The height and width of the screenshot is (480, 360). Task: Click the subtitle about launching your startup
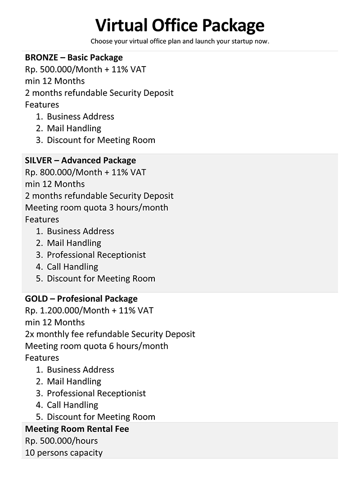[x=180, y=41]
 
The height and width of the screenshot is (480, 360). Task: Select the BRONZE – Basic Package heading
[x=74, y=58]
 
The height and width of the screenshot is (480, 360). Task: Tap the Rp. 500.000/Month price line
[x=85, y=69]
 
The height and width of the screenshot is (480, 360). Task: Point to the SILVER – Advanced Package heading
[x=80, y=161]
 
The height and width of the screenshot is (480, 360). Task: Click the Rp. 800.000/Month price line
[x=85, y=172]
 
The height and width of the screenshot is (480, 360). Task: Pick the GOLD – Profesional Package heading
[x=81, y=299]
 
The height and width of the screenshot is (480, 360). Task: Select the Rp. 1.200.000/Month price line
[x=89, y=310]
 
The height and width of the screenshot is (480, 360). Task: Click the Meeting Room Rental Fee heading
[x=77, y=429]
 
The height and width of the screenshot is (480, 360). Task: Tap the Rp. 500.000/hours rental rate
[x=61, y=441]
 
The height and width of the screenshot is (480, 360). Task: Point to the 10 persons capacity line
[x=63, y=453]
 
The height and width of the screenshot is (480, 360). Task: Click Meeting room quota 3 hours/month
[x=96, y=207]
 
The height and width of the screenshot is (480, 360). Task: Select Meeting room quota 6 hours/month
[x=96, y=346]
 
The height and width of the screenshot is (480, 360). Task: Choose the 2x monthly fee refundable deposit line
[x=110, y=334]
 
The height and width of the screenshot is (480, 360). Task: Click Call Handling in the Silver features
[x=72, y=267]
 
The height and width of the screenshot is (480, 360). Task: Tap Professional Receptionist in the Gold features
[x=96, y=393]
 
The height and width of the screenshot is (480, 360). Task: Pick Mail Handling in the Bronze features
[x=74, y=128]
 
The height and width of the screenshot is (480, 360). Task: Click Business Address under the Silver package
[x=81, y=231]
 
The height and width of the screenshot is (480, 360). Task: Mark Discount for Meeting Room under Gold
[x=101, y=417]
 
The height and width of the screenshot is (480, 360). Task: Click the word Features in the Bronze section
[x=42, y=105]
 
